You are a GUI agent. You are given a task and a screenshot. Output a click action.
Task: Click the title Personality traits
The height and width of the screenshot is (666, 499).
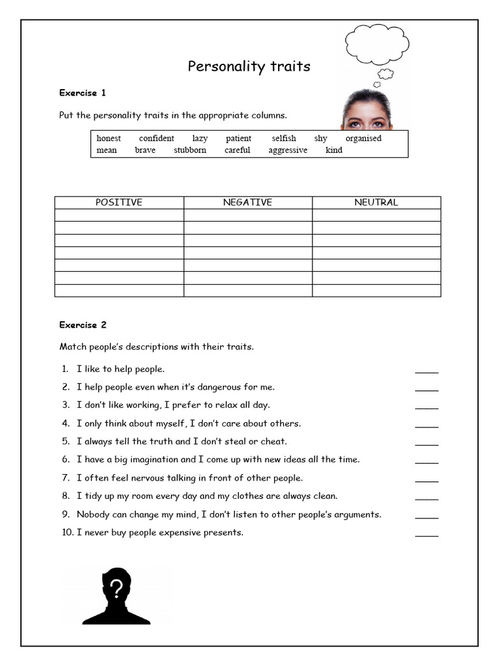(x=249, y=66)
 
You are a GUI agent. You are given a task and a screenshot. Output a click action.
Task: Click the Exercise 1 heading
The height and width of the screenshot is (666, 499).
(x=83, y=93)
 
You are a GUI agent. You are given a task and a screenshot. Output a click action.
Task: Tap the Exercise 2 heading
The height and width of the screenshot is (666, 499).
(x=83, y=325)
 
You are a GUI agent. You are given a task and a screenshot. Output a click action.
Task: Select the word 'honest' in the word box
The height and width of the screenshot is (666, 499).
(x=109, y=138)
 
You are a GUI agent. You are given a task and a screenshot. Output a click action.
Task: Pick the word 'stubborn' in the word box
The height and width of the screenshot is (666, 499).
(x=190, y=150)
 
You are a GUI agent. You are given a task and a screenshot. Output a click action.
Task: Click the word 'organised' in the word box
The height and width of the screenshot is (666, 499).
(x=363, y=138)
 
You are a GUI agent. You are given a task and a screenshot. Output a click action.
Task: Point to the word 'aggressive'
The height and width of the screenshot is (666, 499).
(x=288, y=150)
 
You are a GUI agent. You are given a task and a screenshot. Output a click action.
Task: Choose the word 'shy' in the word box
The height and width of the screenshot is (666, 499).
(x=321, y=138)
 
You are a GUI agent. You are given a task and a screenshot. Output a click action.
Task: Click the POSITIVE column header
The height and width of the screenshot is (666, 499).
(x=119, y=202)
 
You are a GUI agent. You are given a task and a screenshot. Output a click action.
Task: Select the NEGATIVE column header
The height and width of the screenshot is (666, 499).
(x=248, y=202)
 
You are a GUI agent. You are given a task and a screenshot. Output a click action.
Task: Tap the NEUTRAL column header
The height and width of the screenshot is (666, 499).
(x=376, y=202)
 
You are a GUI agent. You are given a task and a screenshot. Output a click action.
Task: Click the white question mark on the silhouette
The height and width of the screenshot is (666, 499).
(x=116, y=589)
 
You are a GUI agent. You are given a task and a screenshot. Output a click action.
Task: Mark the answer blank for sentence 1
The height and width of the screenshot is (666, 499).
(x=426, y=371)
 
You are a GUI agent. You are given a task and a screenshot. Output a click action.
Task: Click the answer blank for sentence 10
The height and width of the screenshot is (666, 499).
(x=426, y=535)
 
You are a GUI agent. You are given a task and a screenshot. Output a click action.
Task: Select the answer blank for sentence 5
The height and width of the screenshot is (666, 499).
(x=426, y=444)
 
